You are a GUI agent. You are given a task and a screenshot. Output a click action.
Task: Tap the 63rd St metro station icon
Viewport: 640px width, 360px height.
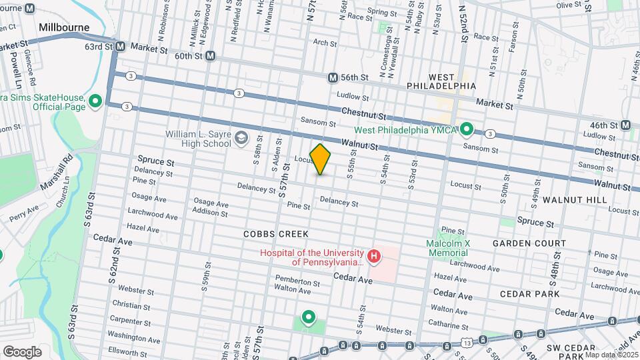121,47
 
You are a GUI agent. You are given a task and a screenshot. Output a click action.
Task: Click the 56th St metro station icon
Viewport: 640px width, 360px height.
333,77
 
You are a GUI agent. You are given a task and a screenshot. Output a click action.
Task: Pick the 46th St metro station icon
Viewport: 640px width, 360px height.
625,125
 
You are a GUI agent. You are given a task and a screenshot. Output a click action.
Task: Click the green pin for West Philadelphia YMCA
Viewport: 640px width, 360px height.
467,129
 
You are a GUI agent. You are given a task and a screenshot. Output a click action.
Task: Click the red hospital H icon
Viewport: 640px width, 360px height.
374,255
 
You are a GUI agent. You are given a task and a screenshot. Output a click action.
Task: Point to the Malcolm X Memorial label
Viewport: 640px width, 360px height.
447,248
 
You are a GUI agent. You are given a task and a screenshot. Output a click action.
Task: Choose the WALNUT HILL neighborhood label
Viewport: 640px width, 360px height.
574,200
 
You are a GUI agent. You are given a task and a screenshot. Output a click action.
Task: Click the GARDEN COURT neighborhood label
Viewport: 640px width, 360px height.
529,244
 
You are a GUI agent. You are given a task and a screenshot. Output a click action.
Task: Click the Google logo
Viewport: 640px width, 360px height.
23,351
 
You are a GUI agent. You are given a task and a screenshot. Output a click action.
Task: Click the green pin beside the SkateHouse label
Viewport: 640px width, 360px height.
95,101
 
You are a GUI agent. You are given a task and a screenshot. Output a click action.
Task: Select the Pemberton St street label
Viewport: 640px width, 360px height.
297,282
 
